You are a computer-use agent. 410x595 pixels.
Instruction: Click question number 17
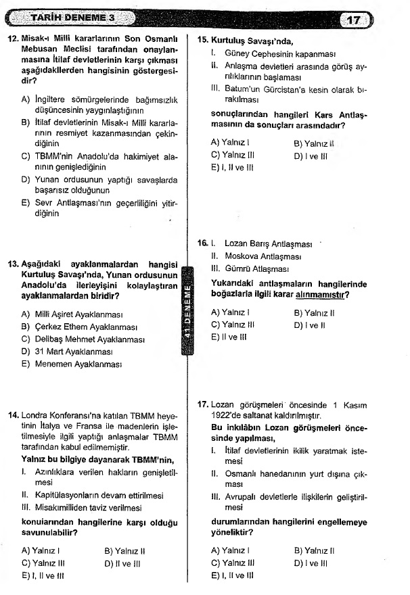click(202, 404)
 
